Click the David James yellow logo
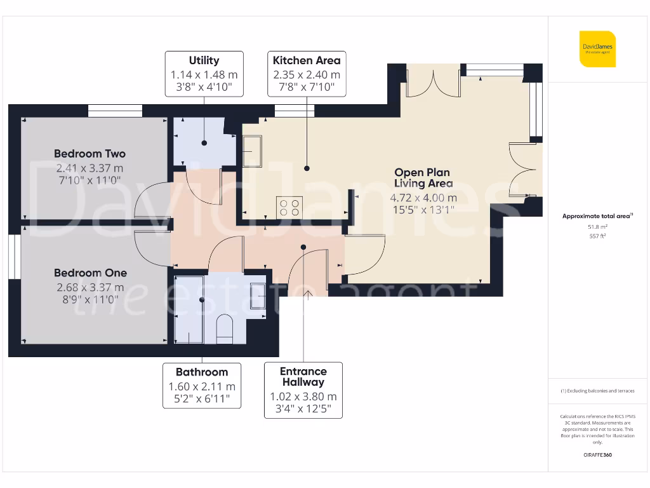point(597,49)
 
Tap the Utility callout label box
point(204,74)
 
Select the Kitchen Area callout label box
point(307,74)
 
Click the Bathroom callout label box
point(201,385)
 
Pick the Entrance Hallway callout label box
point(303,390)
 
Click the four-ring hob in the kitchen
point(290,207)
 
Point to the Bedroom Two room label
point(90,154)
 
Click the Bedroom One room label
point(90,273)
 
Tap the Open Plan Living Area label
point(423,178)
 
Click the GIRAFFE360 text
point(597,455)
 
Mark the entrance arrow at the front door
point(308,293)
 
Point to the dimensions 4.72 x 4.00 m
point(423,197)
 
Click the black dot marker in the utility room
point(204,144)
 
